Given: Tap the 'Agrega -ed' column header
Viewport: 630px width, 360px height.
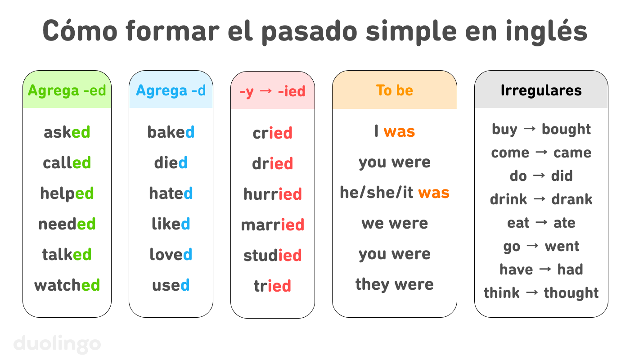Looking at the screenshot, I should (x=67, y=90).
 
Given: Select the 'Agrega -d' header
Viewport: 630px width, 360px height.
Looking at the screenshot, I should (x=171, y=90).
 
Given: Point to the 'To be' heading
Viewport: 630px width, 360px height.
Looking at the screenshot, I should (x=395, y=90).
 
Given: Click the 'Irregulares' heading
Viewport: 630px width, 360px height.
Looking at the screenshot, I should (x=541, y=90).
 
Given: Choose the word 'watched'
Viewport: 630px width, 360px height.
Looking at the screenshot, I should (x=67, y=285).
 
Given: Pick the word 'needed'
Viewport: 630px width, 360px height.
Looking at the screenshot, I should (x=67, y=224).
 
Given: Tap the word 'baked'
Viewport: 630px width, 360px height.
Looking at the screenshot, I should (x=171, y=132).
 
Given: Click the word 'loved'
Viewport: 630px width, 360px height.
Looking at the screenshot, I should (x=171, y=254).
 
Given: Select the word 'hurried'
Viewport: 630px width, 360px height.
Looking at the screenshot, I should (x=273, y=194).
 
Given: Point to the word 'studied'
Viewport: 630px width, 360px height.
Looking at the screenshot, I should (x=273, y=255).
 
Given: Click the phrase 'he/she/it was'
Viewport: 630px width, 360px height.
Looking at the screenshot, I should (x=395, y=193).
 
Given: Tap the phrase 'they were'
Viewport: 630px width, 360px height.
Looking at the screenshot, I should (x=395, y=284).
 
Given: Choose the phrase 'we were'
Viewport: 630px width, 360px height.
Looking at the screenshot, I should (x=395, y=223).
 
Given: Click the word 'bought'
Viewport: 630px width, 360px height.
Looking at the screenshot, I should (x=566, y=129).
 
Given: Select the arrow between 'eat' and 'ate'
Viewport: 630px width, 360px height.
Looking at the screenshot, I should (x=541, y=223).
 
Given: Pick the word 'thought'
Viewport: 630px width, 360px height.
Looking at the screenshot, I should (x=571, y=293).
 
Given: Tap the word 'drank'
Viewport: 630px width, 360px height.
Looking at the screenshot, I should (x=572, y=199).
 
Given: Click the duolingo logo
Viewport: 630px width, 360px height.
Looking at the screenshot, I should (x=58, y=344).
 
